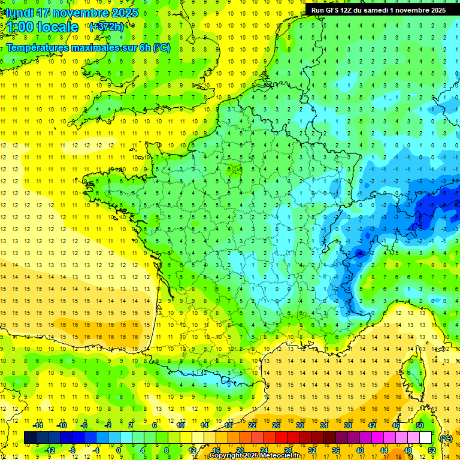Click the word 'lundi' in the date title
pos(19,13)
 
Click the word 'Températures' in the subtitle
pos(39,48)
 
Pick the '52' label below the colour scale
pos(431,450)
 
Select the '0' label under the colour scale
pos(118,450)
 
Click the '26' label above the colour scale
pos(276,425)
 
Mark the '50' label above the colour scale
pos(419,425)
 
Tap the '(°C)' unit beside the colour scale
pos(446,438)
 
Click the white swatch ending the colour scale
pos(425,438)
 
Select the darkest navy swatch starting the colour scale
pos(30,438)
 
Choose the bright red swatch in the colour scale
pos(282,438)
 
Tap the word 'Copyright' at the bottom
pos(228,456)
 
